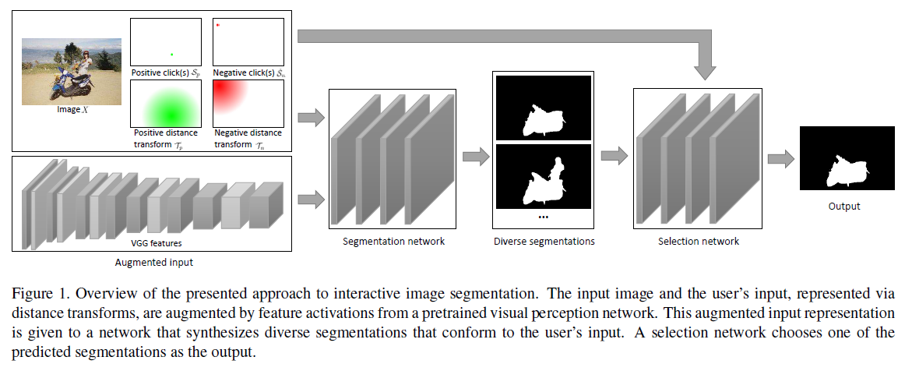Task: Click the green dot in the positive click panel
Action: tap(171, 54)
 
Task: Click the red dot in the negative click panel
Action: tap(218, 25)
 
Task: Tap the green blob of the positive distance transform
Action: tap(165, 105)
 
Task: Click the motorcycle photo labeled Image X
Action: tap(72, 71)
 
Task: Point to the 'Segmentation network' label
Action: tap(393, 241)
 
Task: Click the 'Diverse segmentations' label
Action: tap(544, 242)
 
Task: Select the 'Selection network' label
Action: tap(699, 242)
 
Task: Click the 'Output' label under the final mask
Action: tap(844, 207)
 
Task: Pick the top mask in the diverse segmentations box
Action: tap(544, 108)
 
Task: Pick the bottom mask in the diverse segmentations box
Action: tap(544, 177)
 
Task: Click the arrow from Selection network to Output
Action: tap(780, 159)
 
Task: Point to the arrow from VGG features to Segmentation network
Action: tap(310, 200)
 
